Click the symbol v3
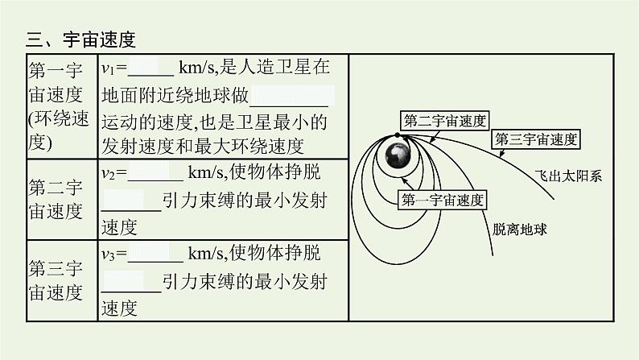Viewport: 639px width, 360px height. click(x=110, y=254)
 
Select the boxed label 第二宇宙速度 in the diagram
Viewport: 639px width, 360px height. click(x=444, y=122)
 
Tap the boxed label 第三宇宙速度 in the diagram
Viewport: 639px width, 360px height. click(x=535, y=139)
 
